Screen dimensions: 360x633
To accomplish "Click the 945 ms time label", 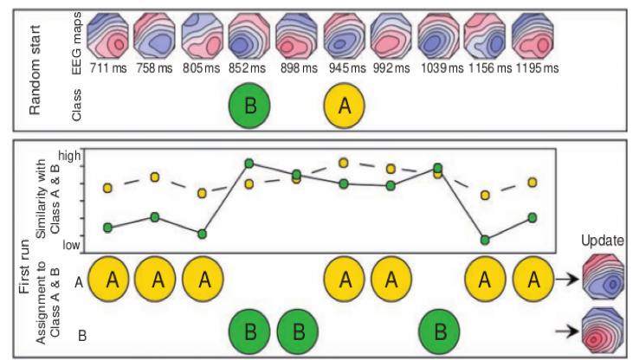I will pos(344,67).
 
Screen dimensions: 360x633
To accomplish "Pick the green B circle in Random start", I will pos(249,106).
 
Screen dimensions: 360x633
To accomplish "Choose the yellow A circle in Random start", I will pos(344,106).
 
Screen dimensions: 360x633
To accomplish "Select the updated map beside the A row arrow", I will pos(604,279).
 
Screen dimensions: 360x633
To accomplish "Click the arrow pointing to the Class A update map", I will pos(567,280).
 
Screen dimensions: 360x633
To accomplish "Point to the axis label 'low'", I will pos(72,245).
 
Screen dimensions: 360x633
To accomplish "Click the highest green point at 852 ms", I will pos(249,163).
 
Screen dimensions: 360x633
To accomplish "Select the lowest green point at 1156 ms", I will pos(486,240).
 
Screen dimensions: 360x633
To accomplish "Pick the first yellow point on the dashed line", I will pos(108,187).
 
